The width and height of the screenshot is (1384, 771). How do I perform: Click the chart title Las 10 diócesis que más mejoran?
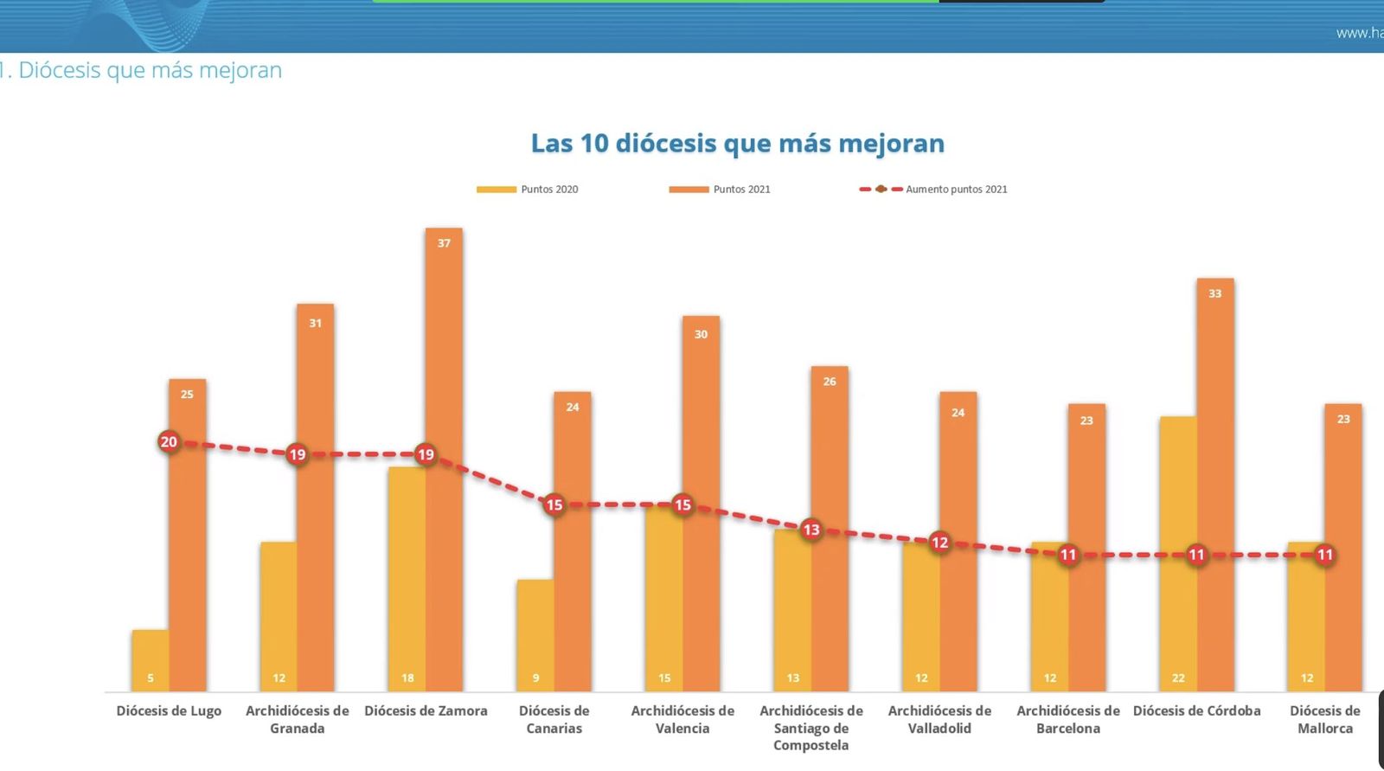[x=737, y=144]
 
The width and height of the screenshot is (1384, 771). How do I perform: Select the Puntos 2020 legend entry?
[x=529, y=190]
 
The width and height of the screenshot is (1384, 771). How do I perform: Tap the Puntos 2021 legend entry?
[x=721, y=190]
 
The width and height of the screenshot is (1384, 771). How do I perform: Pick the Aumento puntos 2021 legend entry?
[x=934, y=190]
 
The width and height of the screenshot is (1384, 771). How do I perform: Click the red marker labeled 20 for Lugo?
[x=169, y=442]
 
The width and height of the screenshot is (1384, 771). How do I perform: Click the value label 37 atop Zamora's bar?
[x=444, y=243]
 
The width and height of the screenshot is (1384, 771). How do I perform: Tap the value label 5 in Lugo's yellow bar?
[x=151, y=678]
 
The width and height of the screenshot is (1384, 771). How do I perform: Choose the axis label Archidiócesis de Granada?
[x=297, y=719]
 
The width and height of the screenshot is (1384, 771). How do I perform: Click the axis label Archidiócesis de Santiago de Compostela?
[x=811, y=728]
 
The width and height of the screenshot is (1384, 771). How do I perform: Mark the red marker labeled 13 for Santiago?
[x=811, y=530]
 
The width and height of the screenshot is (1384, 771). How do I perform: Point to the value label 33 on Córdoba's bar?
[x=1214, y=293]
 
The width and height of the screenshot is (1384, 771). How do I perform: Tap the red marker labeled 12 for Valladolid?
[x=939, y=543]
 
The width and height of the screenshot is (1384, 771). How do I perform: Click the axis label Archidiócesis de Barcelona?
[x=1067, y=719]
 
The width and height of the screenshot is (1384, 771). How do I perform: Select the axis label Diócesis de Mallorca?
[x=1324, y=719]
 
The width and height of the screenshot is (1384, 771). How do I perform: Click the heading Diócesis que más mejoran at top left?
[x=147, y=70]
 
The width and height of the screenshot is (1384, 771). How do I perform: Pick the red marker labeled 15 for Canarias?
[x=554, y=504]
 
